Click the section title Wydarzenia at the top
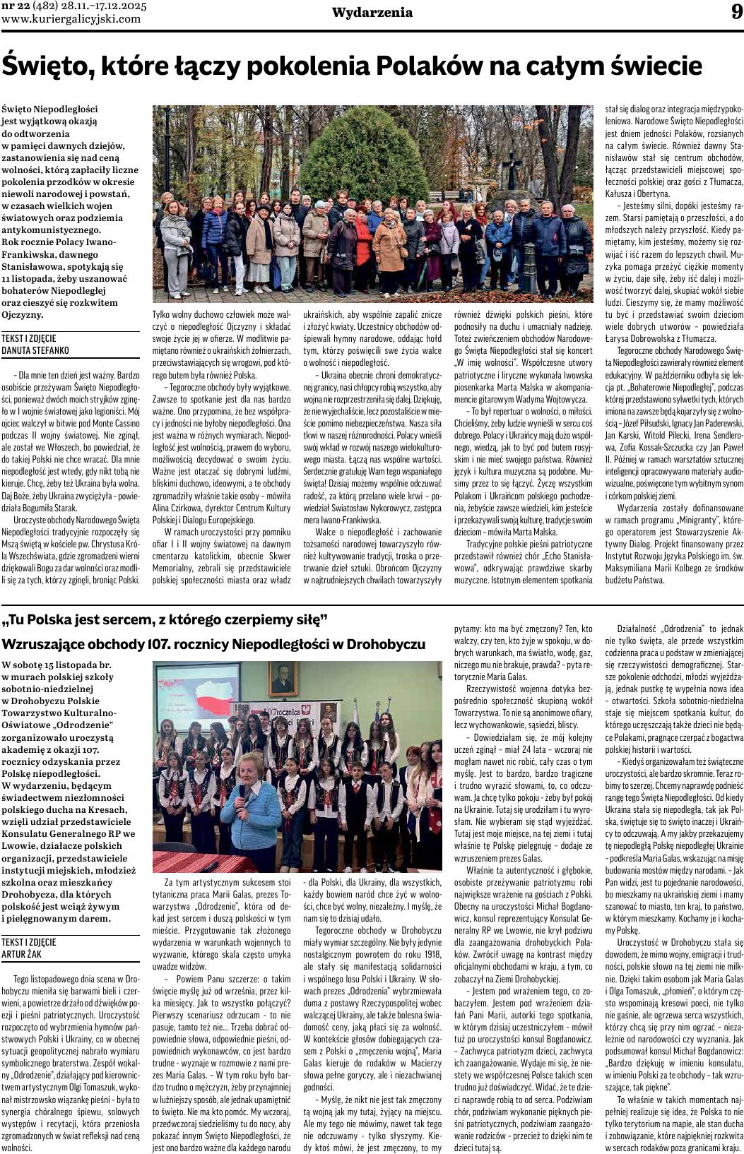372,13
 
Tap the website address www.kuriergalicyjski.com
71,19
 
